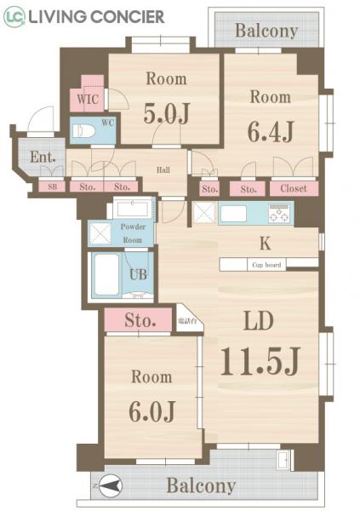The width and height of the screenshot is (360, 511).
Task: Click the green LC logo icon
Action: coord(14,16)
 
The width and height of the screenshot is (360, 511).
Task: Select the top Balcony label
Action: coord(266,32)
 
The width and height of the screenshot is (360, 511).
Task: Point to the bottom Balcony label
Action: coord(201,486)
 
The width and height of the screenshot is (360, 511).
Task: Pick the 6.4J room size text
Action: coord(271,132)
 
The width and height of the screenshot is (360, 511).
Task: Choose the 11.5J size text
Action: coord(260,361)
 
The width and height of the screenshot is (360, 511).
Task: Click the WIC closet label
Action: coord(88,99)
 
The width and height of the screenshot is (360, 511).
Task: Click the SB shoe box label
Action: coord(52,187)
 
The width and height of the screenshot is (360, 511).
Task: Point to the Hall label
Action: coord(163,169)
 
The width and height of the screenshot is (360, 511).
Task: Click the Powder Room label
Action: coord(132,233)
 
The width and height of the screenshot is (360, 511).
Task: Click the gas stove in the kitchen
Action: coord(279,211)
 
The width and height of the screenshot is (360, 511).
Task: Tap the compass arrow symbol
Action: coord(110,486)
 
